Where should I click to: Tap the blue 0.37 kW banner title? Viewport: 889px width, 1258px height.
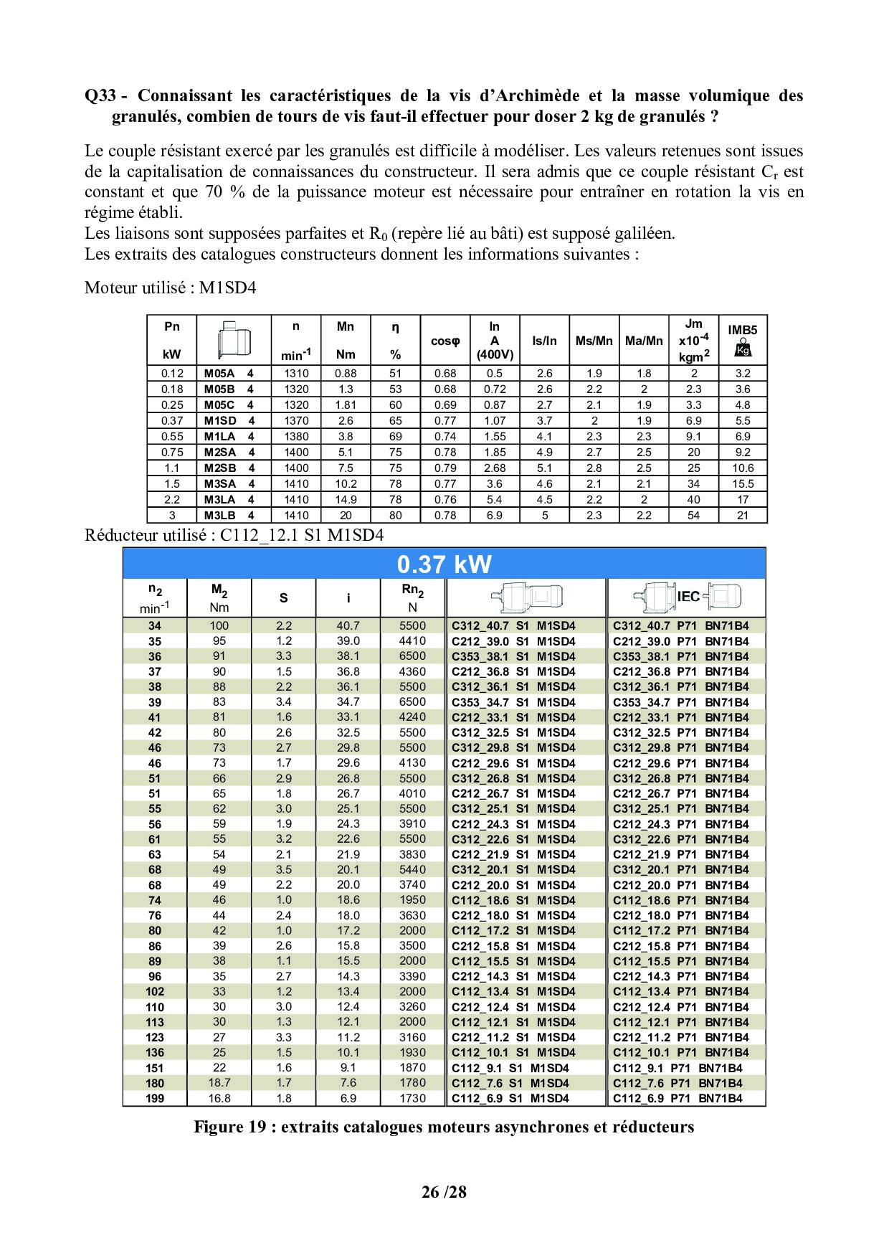[x=444, y=564]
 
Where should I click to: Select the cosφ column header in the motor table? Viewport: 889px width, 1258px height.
[x=444, y=341]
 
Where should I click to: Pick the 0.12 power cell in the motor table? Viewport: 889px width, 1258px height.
[x=172, y=373]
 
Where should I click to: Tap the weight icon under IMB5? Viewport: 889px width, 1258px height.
[x=743, y=349]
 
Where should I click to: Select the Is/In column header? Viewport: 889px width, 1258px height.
[x=544, y=341]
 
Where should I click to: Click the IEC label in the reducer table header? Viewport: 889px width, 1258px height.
[x=688, y=597]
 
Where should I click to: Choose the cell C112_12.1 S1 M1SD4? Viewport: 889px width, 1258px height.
[x=513, y=1022]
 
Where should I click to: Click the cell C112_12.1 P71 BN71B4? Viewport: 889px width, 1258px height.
[x=680, y=1022]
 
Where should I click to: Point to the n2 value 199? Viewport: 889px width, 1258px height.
[x=155, y=1098]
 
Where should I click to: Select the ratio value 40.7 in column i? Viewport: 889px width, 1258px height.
[x=348, y=625]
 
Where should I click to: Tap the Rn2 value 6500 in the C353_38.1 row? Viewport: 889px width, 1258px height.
[x=412, y=656]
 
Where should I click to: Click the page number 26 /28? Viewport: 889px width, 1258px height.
[x=444, y=1193]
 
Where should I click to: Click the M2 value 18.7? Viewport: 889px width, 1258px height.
[x=219, y=1083]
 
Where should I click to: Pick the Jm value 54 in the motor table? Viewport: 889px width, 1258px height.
[x=693, y=515]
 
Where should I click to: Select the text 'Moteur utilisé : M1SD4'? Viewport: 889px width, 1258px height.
[x=170, y=288]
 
